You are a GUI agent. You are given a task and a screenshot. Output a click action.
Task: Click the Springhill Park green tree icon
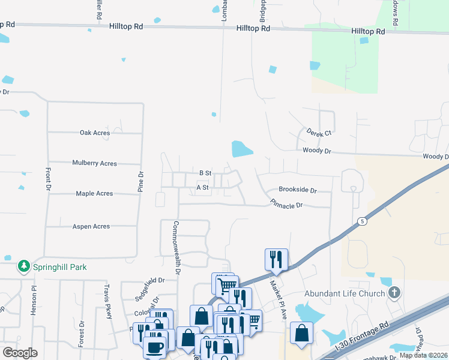(24, 266)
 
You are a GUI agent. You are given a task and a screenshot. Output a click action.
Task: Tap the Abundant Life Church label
(345, 293)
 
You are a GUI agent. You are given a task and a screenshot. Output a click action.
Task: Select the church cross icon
(394, 293)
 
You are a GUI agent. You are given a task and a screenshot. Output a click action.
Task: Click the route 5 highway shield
(362, 221)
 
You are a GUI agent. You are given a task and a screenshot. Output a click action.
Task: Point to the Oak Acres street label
(95, 133)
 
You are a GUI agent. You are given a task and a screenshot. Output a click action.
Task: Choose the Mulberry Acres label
(94, 163)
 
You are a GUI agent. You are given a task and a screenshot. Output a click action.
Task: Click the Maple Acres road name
(94, 194)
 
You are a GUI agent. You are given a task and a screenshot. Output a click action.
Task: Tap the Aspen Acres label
(91, 226)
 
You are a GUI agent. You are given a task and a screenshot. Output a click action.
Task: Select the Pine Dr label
(141, 182)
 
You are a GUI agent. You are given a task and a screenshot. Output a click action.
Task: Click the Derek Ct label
(319, 132)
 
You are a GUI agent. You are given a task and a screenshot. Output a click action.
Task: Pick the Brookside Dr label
(297, 190)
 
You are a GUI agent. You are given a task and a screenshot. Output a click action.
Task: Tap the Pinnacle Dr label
(286, 204)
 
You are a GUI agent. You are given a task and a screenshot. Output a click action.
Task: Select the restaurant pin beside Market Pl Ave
(276, 259)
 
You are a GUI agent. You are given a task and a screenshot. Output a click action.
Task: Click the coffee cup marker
(154, 347)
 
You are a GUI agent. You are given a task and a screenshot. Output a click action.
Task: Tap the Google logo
(20, 352)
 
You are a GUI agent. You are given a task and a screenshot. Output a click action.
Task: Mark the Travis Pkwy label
(108, 313)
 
